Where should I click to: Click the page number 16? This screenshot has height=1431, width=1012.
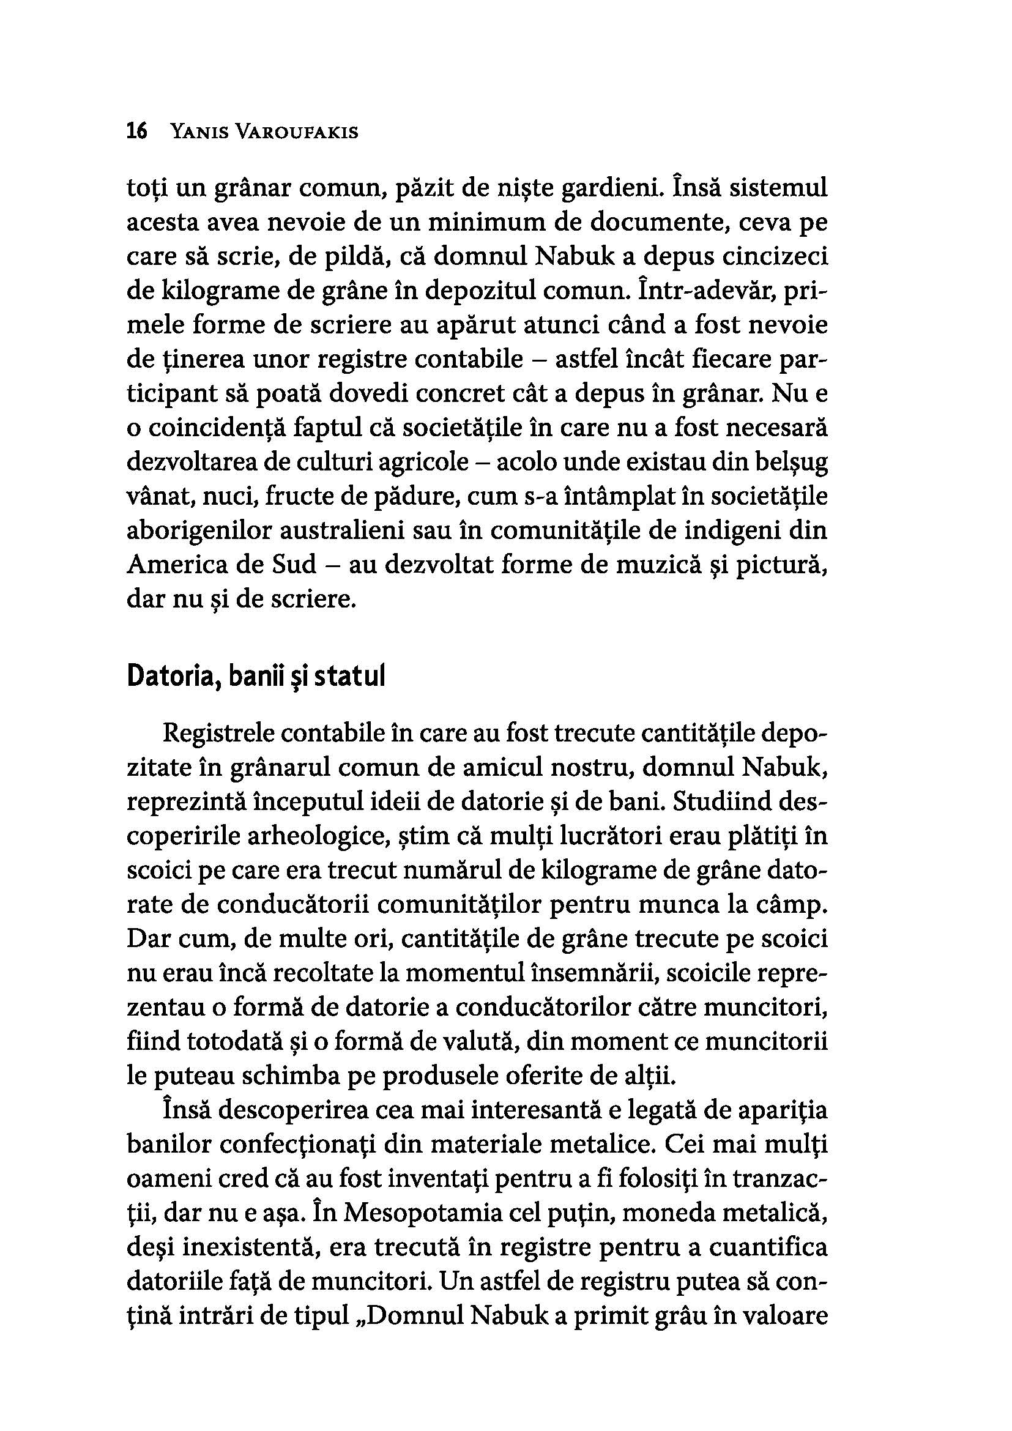pos(136,132)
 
